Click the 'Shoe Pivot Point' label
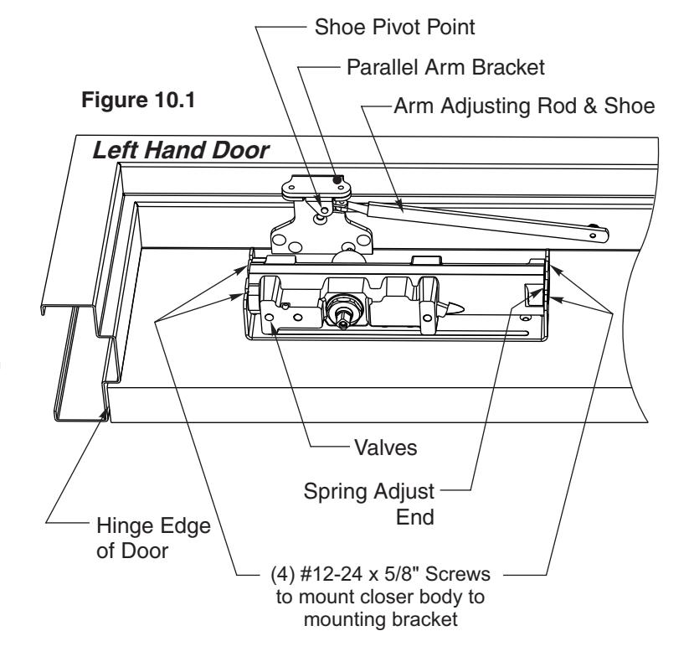click(394, 28)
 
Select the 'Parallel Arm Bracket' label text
click(445, 67)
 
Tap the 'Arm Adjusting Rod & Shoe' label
click(524, 106)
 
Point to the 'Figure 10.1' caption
click(138, 100)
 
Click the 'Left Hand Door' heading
click(181, 151)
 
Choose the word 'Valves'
click(386, 447)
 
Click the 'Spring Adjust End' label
click(369, 504)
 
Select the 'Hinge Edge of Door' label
click(153, 538)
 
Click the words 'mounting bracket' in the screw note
click(381, 619)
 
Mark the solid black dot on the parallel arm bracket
click(337, 179)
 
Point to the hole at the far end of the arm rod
click(593, 235)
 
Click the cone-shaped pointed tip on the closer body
click(454, 308)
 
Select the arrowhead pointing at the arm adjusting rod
click(398, 204)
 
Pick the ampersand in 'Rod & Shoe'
click(590, 106)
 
